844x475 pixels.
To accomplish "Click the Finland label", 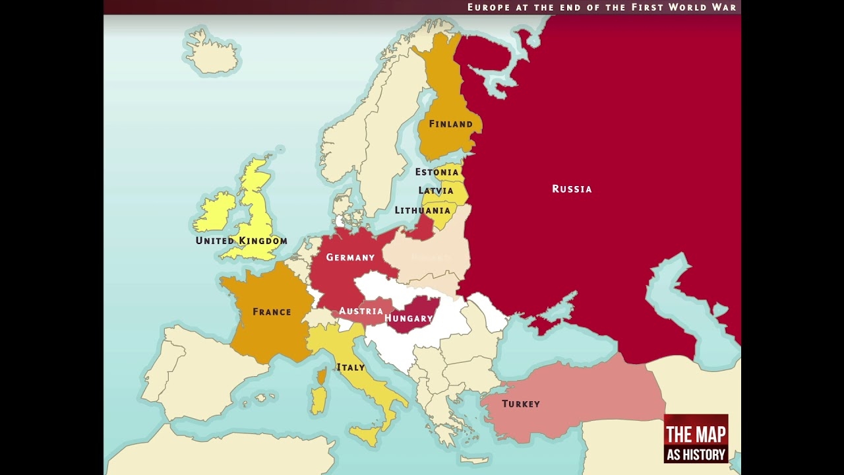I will [450, 124].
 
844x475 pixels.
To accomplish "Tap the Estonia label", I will [437, 172].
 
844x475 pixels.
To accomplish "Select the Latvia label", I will [436, 191].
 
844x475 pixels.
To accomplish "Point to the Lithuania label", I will [422, 210].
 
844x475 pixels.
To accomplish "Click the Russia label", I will [572, 189].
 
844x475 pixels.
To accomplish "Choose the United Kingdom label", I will [241, 241].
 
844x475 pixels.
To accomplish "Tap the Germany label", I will [350, 257].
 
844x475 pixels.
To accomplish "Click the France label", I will [272, 312].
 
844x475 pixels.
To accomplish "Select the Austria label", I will [361, 311].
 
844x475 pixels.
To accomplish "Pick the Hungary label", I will [409, 319].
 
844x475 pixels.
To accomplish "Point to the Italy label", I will [350, 367].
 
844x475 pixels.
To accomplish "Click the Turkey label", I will [521, 404].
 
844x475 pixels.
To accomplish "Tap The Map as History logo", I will [696, 439].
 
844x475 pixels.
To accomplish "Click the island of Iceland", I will [212, 53].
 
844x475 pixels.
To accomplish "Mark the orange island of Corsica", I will [321, 377].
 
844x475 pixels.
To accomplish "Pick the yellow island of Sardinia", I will [318, 401].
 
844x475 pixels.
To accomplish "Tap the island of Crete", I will [474, 459].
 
